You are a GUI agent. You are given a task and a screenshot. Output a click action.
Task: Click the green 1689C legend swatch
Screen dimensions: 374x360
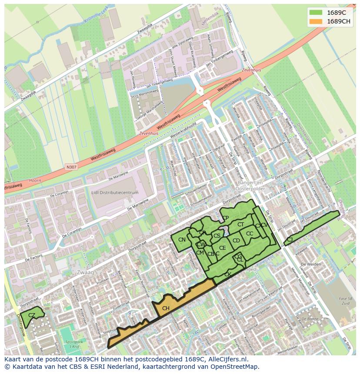click(316, 13)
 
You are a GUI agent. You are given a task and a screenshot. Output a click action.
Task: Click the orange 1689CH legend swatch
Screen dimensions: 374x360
click(316, 21)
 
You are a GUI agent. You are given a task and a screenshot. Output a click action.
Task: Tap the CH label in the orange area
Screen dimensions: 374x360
click(166, 308)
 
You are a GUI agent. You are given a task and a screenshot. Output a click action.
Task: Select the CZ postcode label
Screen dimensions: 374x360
click(32, 315)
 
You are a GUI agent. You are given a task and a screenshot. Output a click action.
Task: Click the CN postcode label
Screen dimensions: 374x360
click(182, 240)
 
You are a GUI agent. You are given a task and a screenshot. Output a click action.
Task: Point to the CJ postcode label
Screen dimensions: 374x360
click(290, 239)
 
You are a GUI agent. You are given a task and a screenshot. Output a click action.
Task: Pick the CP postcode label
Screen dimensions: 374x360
click(225, 218)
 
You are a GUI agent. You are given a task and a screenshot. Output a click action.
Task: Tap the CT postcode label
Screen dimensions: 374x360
click(240, 225)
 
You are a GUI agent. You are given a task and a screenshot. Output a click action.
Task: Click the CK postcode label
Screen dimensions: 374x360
click(227, 275)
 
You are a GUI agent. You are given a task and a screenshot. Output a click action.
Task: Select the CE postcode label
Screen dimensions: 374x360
click(222, 248)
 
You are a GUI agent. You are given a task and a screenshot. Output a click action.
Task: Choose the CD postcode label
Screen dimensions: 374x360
click(236, 241)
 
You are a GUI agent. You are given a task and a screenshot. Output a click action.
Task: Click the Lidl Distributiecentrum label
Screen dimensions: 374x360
click(115, 192)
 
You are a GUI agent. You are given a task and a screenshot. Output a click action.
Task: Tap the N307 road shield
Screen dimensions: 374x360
click(71, 167)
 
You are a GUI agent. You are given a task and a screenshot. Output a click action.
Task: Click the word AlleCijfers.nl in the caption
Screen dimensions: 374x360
click(227, 359)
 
